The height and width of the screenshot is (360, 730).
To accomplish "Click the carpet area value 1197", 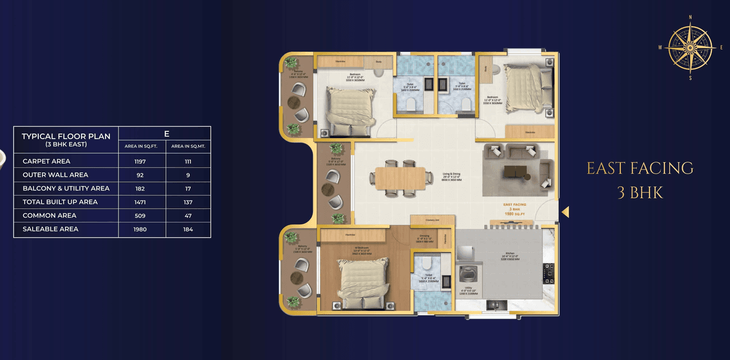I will [x=140, y=161].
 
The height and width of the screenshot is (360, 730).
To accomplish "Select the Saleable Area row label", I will [x=50, y=229].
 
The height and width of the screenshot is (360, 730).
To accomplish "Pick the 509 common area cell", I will [x=140, y=216].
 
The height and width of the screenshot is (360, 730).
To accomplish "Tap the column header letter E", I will [x=166, y=134].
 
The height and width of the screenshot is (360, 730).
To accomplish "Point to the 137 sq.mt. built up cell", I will [x=188, y=202].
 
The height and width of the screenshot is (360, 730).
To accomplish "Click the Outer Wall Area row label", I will [x=55, y=175].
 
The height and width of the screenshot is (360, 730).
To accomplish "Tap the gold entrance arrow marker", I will [x=565, y=212].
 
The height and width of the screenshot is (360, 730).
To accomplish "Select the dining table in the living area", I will [x=400, y=177].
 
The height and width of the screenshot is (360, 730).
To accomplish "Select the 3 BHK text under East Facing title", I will [x=640, y=193].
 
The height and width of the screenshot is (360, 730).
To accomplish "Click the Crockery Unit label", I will [x=432, y=220].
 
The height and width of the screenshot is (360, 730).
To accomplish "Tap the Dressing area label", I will [x=424, y=236].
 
